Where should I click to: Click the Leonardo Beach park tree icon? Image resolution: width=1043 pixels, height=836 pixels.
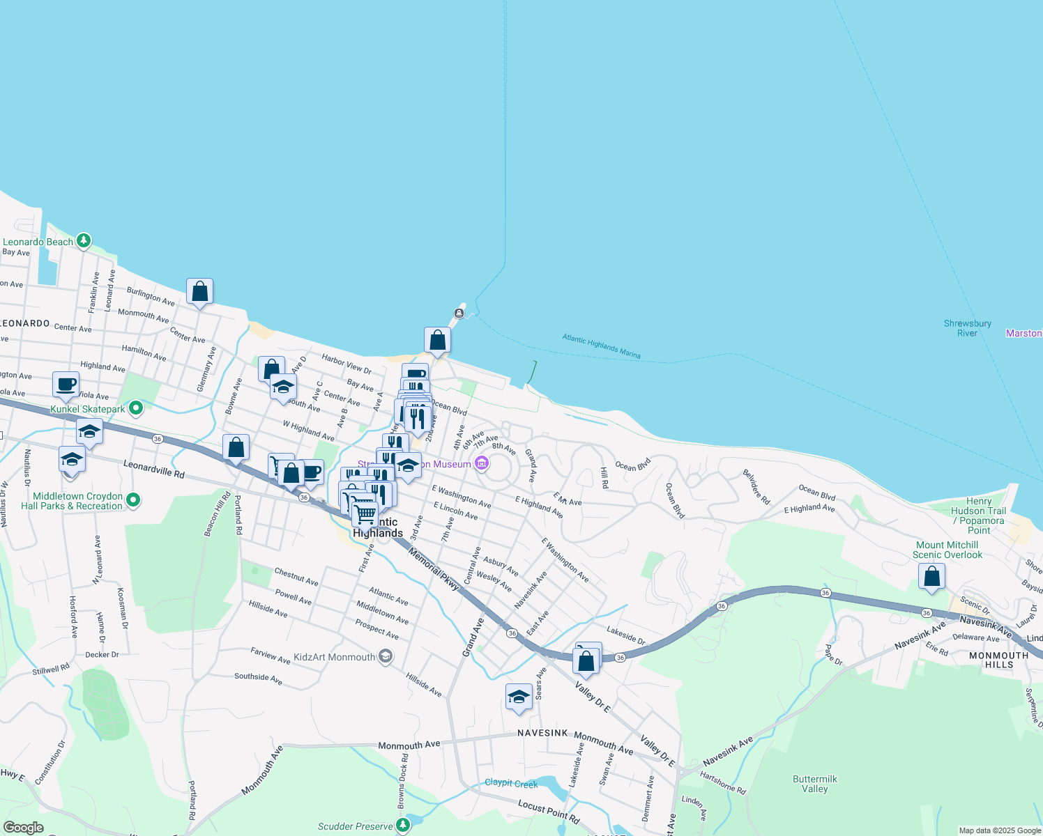pos(84,240)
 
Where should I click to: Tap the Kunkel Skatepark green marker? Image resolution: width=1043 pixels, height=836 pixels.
pos(136,408)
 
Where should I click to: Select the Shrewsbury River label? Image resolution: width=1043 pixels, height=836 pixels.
pos(967,328)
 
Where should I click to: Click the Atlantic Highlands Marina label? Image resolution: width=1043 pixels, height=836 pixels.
pos(601,346)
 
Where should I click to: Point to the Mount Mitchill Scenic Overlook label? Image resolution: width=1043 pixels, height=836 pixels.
pos(947,550)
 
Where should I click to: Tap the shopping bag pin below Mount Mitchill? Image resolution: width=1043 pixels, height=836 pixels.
pos(931,577)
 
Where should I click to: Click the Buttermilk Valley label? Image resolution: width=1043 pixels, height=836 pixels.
pos(814,784)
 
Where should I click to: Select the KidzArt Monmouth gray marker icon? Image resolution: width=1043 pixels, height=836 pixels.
pos(385,656)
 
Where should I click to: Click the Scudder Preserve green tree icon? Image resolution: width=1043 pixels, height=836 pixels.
pos(403,826)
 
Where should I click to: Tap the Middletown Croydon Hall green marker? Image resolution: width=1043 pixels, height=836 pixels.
pos(134,500)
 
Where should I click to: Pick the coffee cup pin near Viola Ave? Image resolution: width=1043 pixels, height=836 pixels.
pos(66,385)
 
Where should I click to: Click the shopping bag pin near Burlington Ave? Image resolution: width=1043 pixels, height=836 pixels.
pos(199,291)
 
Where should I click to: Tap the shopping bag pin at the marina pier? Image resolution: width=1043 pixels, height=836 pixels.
pos(437,341)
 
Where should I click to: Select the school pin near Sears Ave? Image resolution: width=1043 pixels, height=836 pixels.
pos(519,697)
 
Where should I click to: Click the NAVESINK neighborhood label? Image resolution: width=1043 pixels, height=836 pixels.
pos(542,733)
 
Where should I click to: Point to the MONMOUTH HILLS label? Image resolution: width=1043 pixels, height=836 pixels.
pos(998,660)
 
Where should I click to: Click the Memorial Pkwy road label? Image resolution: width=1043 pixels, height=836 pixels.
pos(433,569)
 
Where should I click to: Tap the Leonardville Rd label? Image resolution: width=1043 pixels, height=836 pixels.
pos(154,468)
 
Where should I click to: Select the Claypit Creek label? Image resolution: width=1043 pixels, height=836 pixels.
pos(511,783)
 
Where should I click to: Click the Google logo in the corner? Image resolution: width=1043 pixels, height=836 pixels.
pos(23,828)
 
